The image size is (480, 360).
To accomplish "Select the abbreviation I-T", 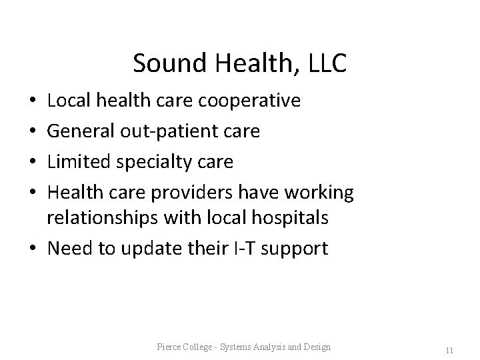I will pos(243,249).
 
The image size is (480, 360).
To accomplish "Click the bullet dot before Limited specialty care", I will pos(33,161).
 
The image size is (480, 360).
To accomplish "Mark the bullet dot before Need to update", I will pos(33,249).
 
